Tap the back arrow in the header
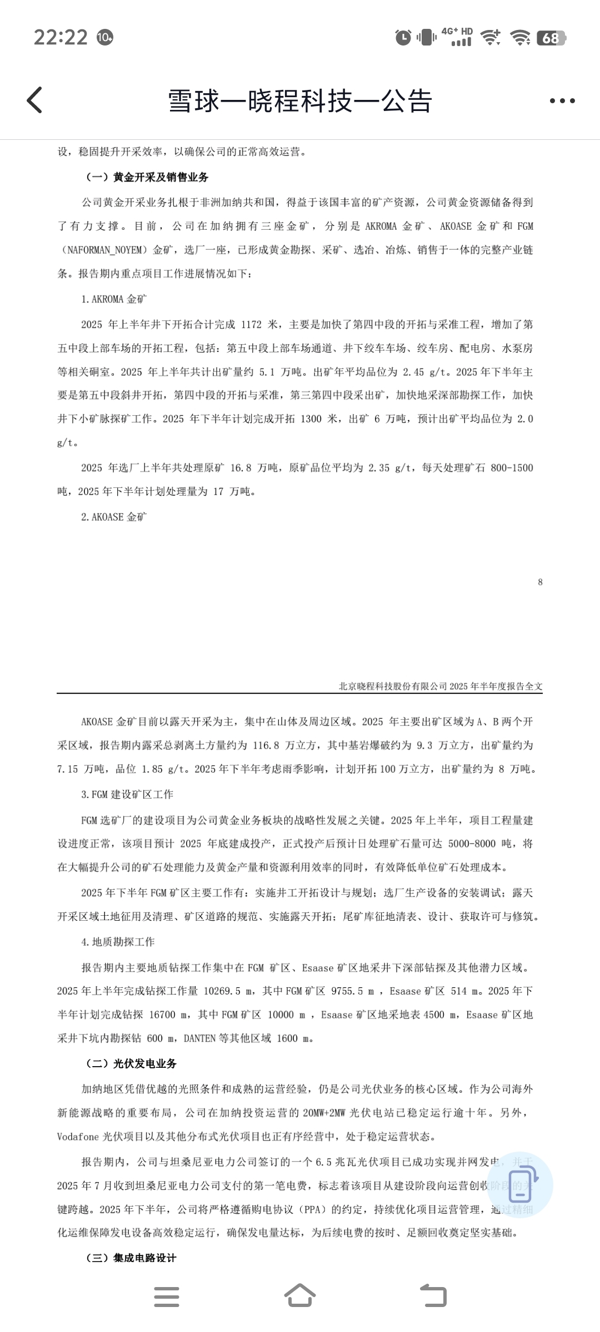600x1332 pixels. (x=34, y=100)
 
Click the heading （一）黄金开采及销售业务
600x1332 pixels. (x=147, y=178)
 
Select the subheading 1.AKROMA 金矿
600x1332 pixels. (x=114, y=299)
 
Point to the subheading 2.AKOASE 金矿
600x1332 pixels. (x=114, y=517)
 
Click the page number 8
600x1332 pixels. (x=540, y=582)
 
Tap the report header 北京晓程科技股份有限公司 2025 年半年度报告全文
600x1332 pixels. (x=441, y=686)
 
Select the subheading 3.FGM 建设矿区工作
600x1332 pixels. (x=127, y=794)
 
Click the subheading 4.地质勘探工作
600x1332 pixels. (x=118, y=941)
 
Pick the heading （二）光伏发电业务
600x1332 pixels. (x=131, y=1063)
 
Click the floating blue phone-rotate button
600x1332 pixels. (x=520, y=1184)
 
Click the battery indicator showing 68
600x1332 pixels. (x=551, y=38)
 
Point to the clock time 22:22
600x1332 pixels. (x=61, y=37)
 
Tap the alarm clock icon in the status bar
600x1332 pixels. (x=403, y=37)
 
